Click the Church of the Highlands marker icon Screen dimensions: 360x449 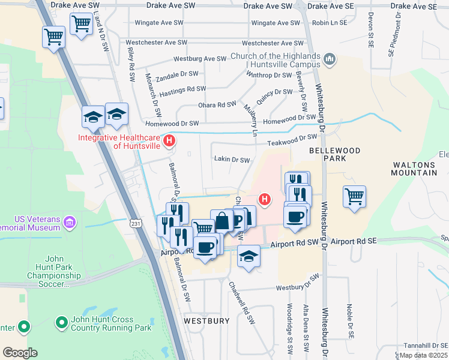329,59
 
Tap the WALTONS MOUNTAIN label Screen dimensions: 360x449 414,169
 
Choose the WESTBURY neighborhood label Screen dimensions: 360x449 206,321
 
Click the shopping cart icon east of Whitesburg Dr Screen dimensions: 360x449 355,196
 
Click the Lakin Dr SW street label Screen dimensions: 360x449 232,160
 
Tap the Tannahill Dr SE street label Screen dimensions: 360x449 424,345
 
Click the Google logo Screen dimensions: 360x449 20,352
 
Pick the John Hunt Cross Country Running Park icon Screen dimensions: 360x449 61,323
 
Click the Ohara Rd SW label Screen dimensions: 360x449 217,104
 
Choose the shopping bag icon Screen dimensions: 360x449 222,220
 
